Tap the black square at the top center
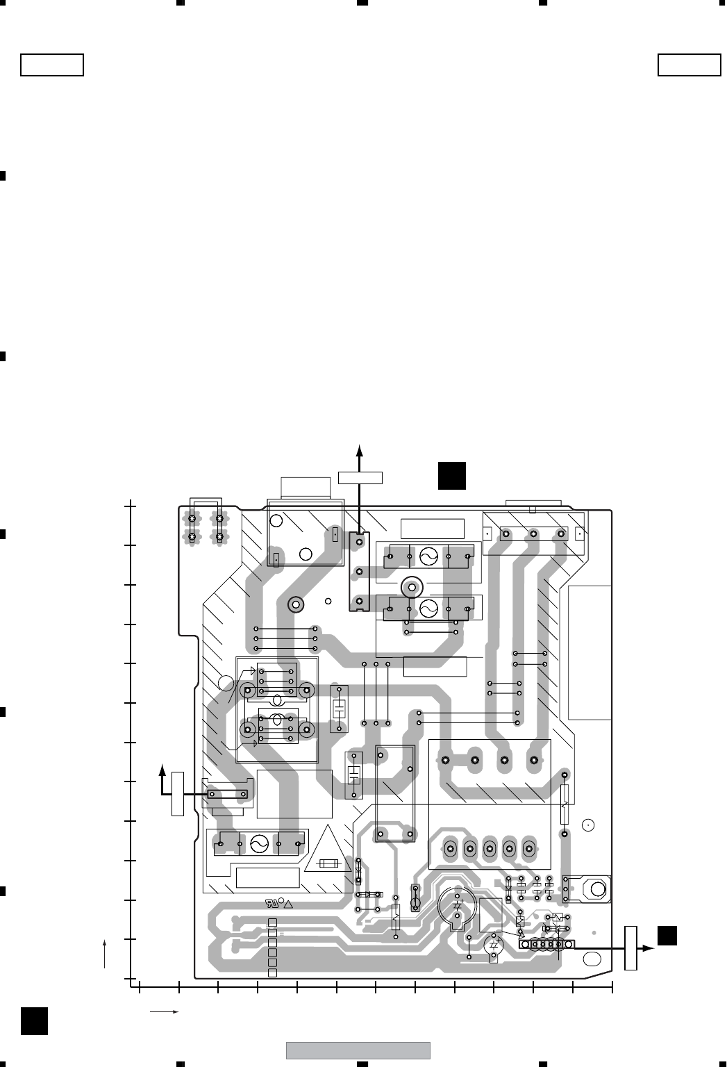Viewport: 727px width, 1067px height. coord(451,474)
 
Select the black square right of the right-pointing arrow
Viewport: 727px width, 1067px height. coord(667,936)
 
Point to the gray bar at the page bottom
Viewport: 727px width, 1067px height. coord(358,1050)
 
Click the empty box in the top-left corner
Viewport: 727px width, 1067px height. coord(52,65)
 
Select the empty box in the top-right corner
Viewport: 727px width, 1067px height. coord(689,65)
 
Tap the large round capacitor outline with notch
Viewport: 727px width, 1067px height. coord(457,906)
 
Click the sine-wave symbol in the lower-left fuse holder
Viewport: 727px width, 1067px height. coord(259,844)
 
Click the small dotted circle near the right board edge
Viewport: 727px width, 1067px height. coord(587,825)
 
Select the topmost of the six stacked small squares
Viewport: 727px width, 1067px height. coord(272,923)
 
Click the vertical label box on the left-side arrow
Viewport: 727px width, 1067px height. coord(178,793)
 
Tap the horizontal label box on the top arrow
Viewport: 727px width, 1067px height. coord(360,477)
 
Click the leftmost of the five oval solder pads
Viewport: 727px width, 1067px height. coord(451,848)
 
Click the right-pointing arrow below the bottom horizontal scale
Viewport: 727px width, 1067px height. coord(165,1012)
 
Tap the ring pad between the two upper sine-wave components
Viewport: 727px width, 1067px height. coord(412,586)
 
